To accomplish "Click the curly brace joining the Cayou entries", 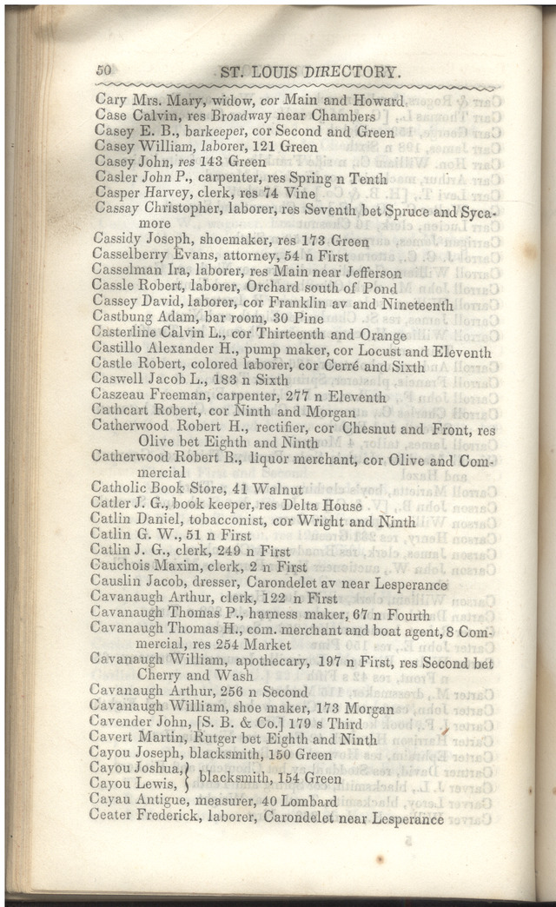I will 189,778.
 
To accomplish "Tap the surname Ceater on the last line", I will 112,818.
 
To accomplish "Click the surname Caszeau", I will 121,398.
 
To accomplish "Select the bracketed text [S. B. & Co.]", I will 249,724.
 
